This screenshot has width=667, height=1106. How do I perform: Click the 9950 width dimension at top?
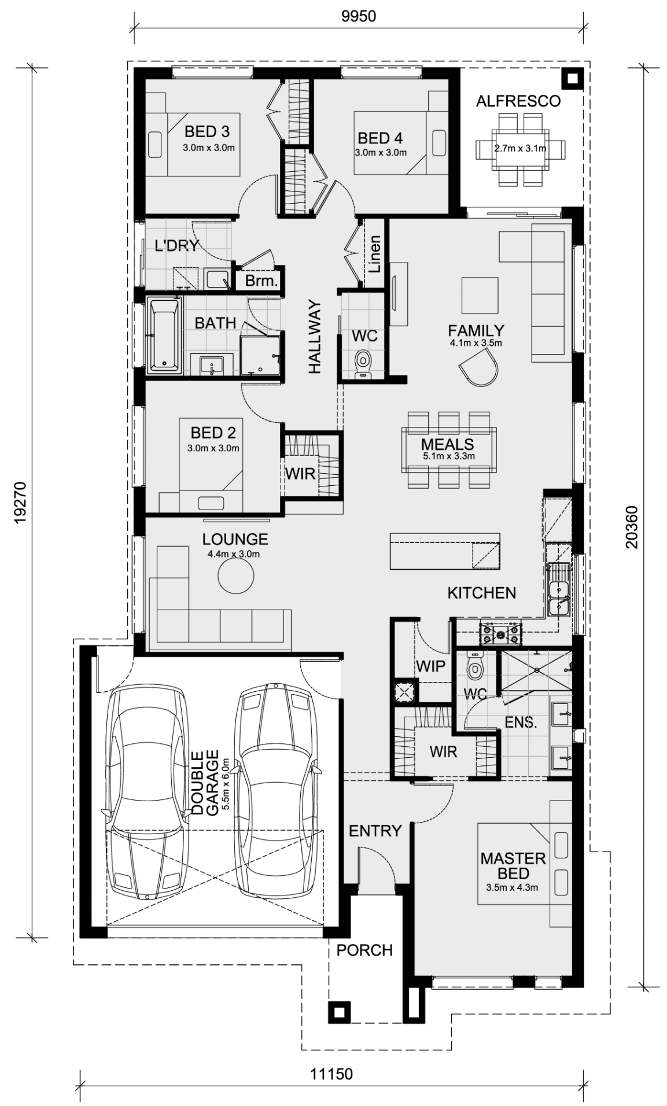pos(358,16)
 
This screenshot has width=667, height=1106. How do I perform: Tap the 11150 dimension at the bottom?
pos(331,1074)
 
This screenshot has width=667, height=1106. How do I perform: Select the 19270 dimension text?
pos(21,502)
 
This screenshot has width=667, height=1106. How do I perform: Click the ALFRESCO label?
pos(518,101)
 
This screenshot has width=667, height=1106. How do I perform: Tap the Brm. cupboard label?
pos(262,282)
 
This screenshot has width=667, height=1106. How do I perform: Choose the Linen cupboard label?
pos(375,254)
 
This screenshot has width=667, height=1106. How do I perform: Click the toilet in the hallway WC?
pos(363,364)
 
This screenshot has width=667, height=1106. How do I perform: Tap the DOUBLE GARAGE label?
pos(205,783)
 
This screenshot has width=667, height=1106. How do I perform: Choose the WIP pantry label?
pos(431,666)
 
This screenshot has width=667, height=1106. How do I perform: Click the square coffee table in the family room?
pos(480,296)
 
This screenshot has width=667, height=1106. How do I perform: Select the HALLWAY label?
pos(314,336)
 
